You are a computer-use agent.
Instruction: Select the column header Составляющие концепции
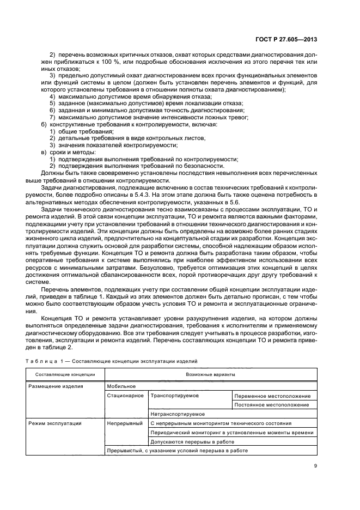click(x=65, y=375)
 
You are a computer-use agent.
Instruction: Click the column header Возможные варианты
click(x=210, y=375)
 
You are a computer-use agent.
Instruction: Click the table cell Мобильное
click(x=121, y=386)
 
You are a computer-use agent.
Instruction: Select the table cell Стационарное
click(x=125, y=396)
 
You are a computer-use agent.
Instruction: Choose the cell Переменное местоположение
click(x=272, y=396)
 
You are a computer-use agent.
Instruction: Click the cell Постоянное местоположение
click(x=272, y=405)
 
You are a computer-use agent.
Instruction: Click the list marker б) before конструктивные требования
click(x=44, y=125)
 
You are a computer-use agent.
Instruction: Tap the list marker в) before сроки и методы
click(x=44, y=153)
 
